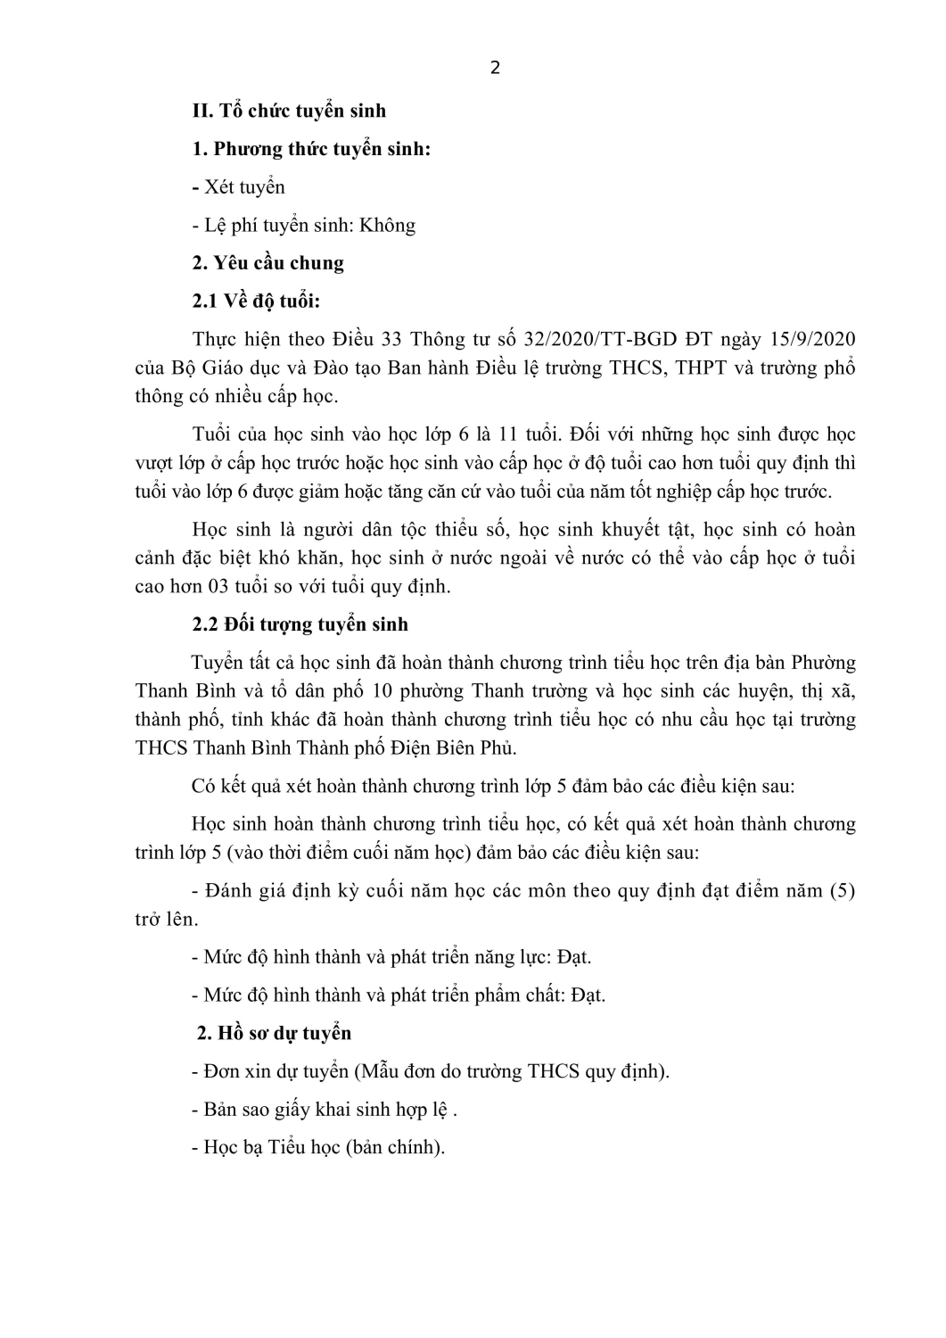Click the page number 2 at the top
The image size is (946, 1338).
(x=496, y=69)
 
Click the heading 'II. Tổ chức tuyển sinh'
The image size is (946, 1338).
(x=289, y=111)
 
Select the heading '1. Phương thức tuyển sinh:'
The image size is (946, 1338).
(x=311, y=149)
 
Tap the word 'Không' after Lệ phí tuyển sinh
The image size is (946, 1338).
(x=387, y=225)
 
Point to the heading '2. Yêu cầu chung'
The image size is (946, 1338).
(x=267, y=263)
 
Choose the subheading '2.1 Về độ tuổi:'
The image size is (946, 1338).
(x=256, y=301)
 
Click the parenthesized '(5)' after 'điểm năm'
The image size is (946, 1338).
(x=841, y=890)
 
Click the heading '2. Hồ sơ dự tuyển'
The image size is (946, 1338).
(x=274, y=1033)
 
